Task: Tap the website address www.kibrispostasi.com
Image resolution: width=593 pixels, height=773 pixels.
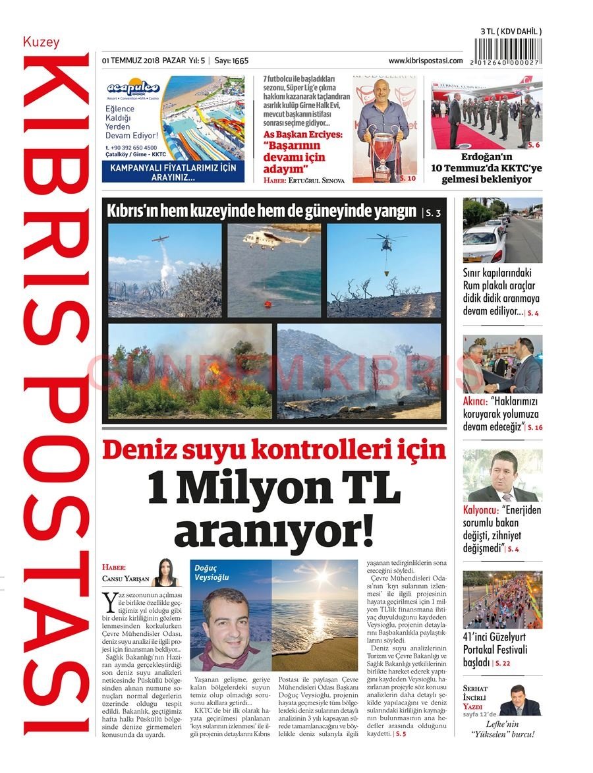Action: [x=425, y=61]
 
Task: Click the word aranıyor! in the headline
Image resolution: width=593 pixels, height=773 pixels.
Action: [x=273, y=531]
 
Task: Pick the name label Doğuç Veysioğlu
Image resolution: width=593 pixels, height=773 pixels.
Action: [x=212, y=572]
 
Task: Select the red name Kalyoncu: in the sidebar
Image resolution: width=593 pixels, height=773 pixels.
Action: [x=480, y=509]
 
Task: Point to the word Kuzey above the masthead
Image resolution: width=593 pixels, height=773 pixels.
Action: [x=41, y=42]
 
